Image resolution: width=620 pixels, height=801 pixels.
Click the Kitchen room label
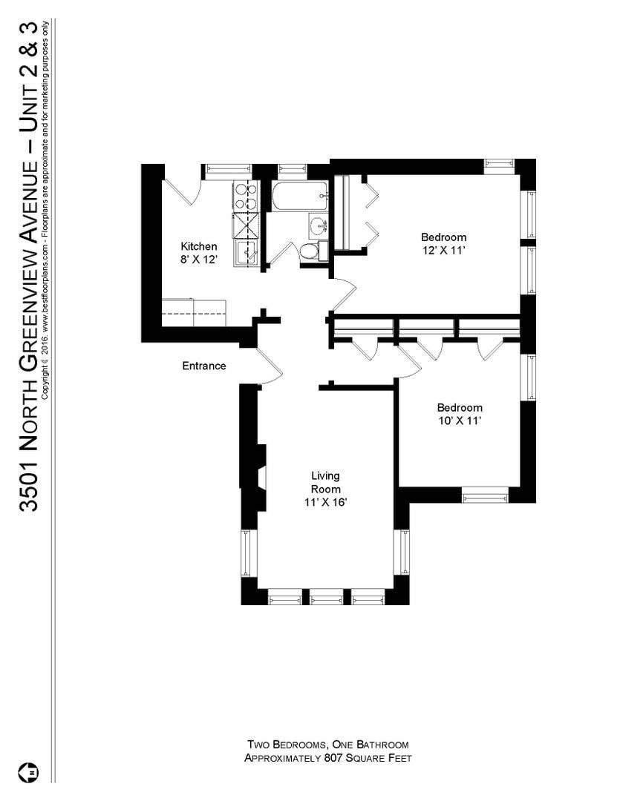click(199, 246)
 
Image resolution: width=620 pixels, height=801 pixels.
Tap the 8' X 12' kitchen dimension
click(199, 260)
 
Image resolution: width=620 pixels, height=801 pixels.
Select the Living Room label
click(326, 482)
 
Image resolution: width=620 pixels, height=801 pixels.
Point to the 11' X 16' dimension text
click(326, 502)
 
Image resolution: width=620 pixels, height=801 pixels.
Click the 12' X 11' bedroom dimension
click(444, 250)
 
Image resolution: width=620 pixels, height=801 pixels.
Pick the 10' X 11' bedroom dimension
click(460, 421)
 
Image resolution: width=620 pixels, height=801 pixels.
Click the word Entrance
click(204, 366)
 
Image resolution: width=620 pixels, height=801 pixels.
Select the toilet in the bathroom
click(308, 251)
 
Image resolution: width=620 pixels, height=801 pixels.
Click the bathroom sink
click(318, 225)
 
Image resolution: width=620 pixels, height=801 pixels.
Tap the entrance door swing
click(266, 365)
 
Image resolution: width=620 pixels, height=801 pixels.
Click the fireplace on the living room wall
click(256, 478)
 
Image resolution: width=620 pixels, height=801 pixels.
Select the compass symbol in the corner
click(33, 771)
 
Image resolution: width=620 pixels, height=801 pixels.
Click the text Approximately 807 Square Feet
click(327, 758)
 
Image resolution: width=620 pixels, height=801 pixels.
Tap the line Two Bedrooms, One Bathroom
click(327, 744)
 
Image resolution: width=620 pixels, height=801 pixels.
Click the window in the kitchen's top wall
click(228, 171)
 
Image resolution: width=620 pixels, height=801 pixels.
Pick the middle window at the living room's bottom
click(326, 596)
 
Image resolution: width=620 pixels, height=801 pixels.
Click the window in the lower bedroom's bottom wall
click(485, 495)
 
